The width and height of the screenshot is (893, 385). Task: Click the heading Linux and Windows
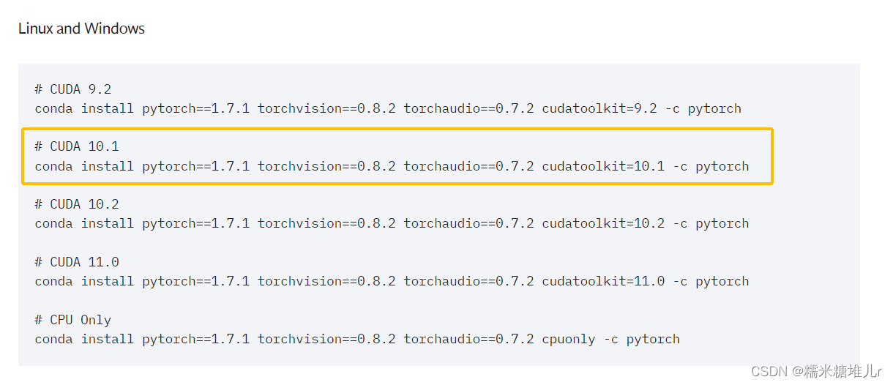pos(81,29)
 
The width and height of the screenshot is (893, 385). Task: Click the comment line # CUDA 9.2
pos(72,89)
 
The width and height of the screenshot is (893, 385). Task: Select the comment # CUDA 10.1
pos(76,146)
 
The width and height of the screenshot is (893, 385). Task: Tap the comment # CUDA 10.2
pos(76,204)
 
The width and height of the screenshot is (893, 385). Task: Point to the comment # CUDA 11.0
pos(76,262)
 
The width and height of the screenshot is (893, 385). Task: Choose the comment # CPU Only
pos(72,320)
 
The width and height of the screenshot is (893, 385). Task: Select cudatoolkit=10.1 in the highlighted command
pos(603,166)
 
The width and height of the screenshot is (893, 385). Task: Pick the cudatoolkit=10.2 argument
pos(603,223)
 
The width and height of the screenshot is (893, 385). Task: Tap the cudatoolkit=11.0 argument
pos(603,281)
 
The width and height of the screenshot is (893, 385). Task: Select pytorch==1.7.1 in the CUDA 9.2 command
pos(195,108)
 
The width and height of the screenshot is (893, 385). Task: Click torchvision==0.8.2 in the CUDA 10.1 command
pos(326,166)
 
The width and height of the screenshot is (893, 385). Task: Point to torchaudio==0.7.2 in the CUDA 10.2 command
pos(468,223)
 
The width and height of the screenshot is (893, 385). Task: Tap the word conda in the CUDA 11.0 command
pos(53,281)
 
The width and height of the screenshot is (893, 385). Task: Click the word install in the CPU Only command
pos(108,339)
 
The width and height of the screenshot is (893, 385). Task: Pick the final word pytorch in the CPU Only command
pos(653,339)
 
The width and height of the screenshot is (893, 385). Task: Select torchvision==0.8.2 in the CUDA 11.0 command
pos(326,281)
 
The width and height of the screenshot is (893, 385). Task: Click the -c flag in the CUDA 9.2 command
pos(673,108)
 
